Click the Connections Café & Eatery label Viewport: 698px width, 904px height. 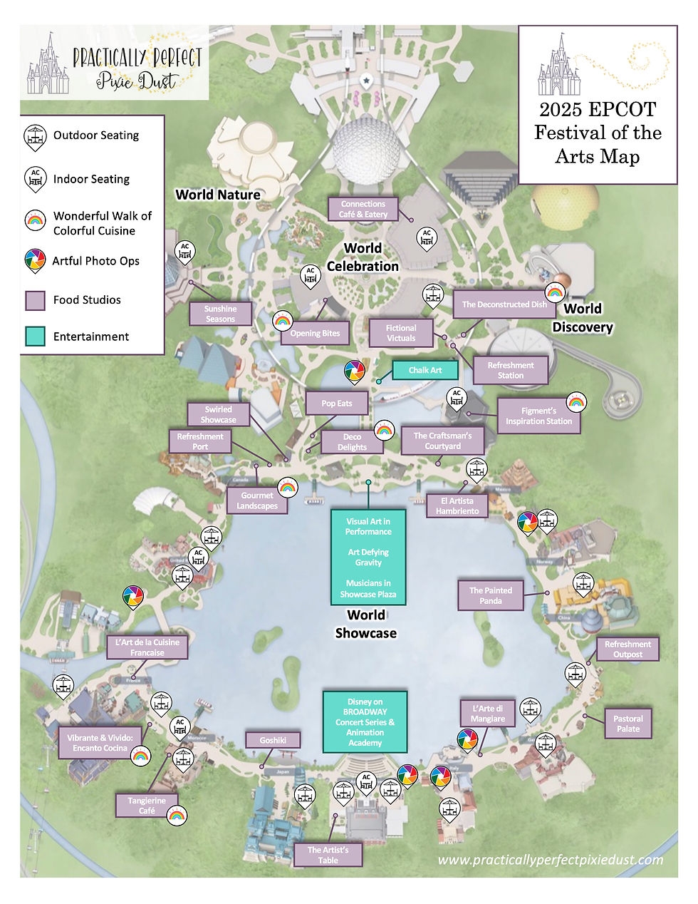point(363,209)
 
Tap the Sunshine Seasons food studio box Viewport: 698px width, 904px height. point(220,314)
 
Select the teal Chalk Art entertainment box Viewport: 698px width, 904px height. point(425,370)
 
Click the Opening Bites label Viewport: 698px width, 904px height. point(315,333)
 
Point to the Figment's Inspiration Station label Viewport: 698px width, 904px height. point(538,416)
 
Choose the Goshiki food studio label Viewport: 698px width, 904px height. point(272,740)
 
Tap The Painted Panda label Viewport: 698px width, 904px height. point(490,595)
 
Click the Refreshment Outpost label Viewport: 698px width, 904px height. point(627,649)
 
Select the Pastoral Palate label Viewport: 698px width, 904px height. point(627,724)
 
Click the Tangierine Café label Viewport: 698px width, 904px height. point(147,806)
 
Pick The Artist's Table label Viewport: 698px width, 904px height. point(328,855)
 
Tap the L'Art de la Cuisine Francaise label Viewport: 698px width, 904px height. point(147,647)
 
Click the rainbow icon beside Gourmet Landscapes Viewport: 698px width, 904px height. point(287,487)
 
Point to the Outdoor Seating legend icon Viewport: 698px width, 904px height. point(34,136)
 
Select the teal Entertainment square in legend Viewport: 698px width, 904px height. point(35,337)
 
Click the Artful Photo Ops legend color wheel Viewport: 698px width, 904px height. point(34,261)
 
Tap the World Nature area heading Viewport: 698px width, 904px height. point(218,195)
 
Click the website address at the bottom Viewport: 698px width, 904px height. point(550,860)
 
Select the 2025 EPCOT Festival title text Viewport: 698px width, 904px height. point(598,133)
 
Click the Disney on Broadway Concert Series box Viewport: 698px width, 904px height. point(365,722)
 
